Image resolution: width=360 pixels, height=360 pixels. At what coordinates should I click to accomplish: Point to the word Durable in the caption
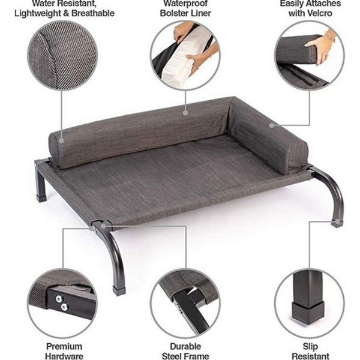pyautogui.click(x=185, y=346)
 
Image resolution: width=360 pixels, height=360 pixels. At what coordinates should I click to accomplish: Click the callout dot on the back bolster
pyautogui.click(x=185, y=112)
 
